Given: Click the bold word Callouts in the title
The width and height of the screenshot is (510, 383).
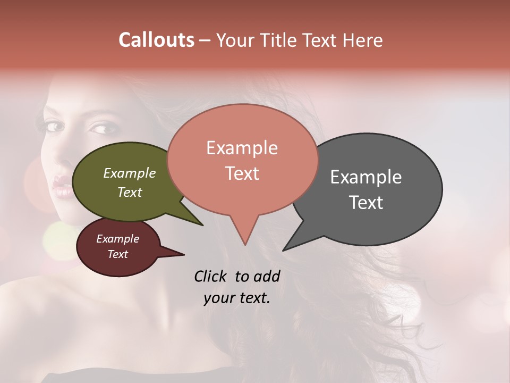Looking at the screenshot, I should point(157,40).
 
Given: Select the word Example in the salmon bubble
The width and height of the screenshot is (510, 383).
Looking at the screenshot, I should point(242,148).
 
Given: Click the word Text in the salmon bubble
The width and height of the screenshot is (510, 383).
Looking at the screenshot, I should point(242,173).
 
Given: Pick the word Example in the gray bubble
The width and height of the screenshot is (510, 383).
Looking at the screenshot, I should point(366,177).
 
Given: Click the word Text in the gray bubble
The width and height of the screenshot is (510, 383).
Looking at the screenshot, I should point(366,202).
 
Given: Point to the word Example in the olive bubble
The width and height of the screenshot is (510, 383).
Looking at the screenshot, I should point(129,173).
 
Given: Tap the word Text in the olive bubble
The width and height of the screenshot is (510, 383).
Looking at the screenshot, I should point(129,192).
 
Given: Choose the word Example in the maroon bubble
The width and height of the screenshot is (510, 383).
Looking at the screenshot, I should point(117,239).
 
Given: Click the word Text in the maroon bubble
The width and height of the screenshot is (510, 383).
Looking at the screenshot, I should point(117,254).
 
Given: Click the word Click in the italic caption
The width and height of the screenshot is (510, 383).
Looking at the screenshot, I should point(211,276).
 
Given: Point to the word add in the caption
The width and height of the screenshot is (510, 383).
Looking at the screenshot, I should point(267,276).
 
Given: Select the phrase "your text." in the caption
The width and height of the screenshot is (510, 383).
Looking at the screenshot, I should point(237,298).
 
